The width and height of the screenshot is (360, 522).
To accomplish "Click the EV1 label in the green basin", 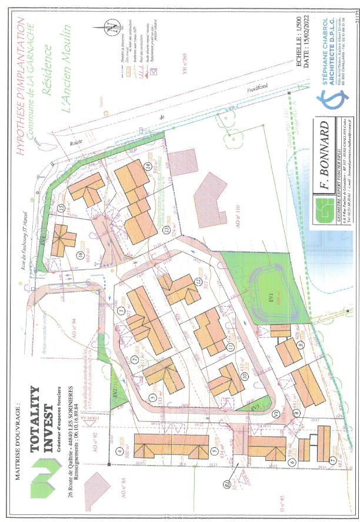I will pos(272,292).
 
